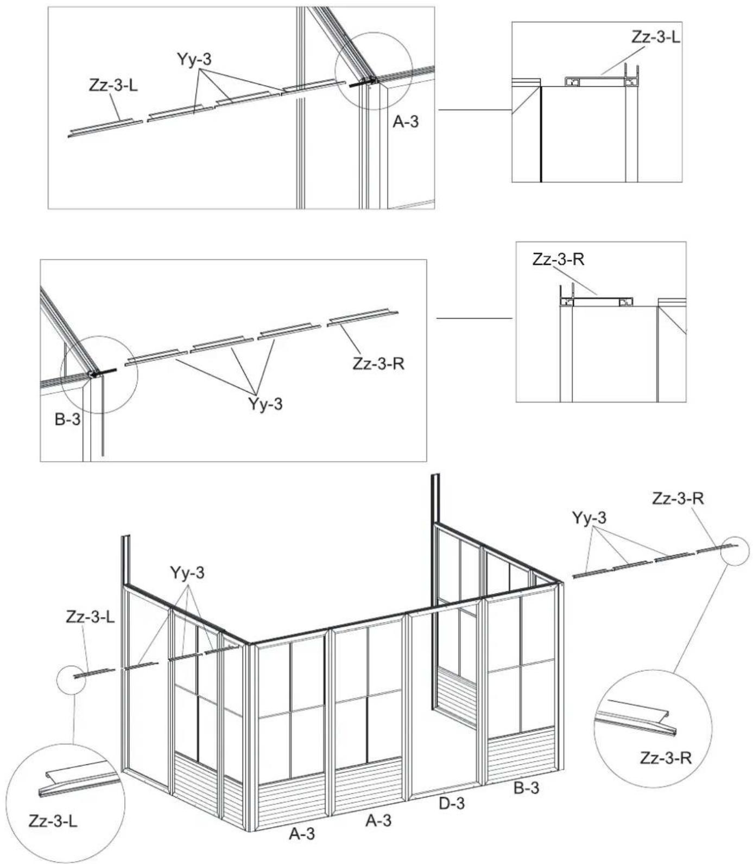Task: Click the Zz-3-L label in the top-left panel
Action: (x=113, y=85)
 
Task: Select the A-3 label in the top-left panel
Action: (x=406, y=122)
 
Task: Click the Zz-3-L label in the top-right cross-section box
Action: (x=655, y=37)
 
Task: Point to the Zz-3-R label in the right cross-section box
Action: (x=558, y=259)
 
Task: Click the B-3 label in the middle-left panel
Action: (x=67, y=420)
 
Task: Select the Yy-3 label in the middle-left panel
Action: (x=265, y=404)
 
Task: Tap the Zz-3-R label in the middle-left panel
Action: (x=378, y=363)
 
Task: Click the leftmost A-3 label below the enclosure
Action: (x=301, y=834)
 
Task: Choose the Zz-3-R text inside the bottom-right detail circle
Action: (x=666, y=758)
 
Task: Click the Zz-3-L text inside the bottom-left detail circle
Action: (x=53, y=821)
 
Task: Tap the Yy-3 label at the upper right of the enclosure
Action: (x=589, y=518)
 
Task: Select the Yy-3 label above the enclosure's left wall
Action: (x=187, y=573)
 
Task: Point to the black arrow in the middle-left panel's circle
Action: (x=104, y=373)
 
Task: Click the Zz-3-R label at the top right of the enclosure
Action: (x=678, y=498)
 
